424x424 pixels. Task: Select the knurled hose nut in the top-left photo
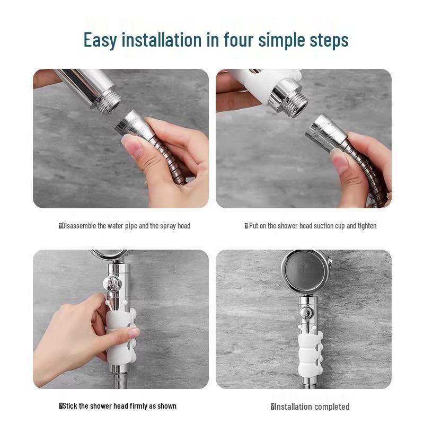(x=131, y=126)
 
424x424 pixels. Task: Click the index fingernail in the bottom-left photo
(x=133, y=332)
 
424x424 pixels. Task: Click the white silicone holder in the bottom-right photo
(x=311, y=352)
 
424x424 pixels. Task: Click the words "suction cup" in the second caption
(x=329, y=226)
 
